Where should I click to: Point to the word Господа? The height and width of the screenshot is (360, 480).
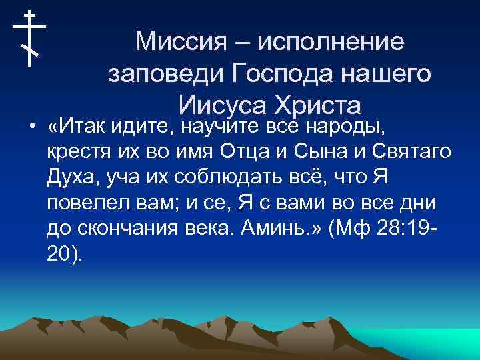click(288, 74)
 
